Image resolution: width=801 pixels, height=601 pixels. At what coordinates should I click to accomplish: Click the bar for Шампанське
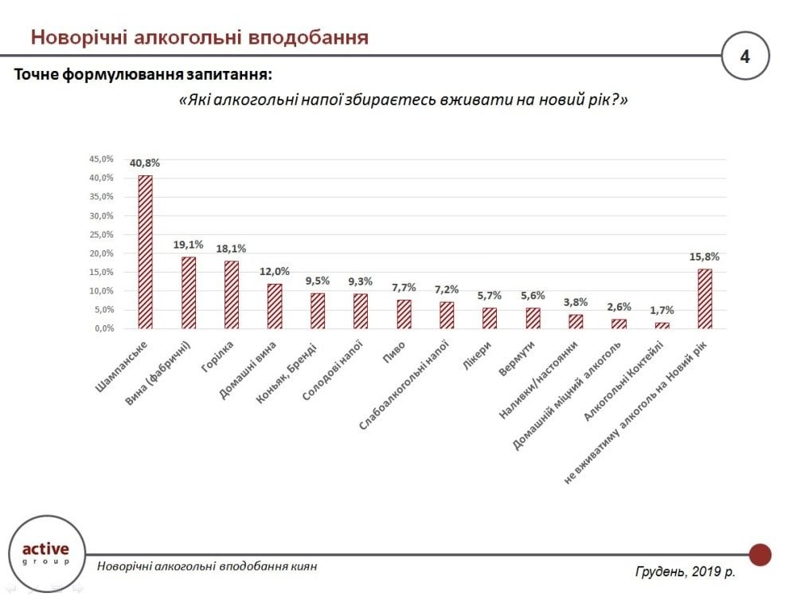145,252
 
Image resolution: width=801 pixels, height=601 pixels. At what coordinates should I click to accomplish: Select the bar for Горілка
231,294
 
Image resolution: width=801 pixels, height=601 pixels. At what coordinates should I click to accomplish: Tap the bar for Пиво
404,314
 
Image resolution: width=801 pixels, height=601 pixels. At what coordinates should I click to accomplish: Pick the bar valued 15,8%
705,299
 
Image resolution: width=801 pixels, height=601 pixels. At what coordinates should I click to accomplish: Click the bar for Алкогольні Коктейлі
662,325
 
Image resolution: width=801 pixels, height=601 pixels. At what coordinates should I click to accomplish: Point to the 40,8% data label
145,163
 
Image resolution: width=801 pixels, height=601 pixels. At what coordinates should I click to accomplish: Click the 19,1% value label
189,245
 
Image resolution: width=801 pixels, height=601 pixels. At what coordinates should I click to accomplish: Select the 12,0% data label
274,271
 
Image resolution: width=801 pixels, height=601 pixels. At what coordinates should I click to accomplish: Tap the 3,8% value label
576,302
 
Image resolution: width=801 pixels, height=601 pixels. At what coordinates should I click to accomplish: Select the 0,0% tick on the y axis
103,328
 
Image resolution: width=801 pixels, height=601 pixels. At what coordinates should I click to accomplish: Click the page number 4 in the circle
744,57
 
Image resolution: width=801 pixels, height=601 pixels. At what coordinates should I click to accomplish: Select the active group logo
45,552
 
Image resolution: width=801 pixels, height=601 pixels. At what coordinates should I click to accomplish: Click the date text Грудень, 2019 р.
685,572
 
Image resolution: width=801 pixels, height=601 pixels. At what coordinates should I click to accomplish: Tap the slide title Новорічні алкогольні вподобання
199,37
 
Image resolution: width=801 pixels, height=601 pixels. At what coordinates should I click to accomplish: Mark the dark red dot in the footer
760,554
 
